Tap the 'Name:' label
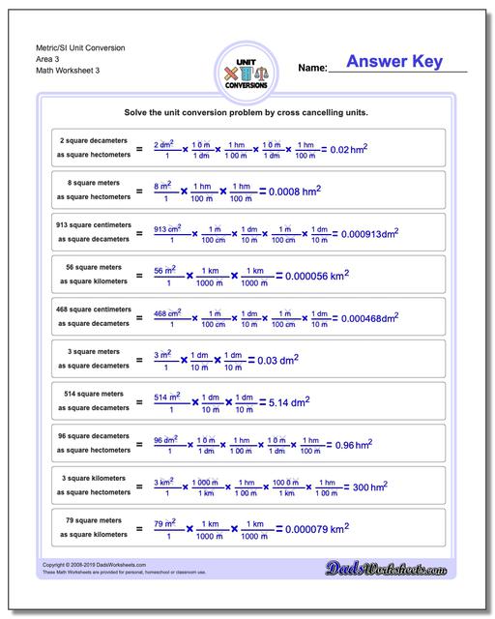pyautogui.click(x=312, y=69)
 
